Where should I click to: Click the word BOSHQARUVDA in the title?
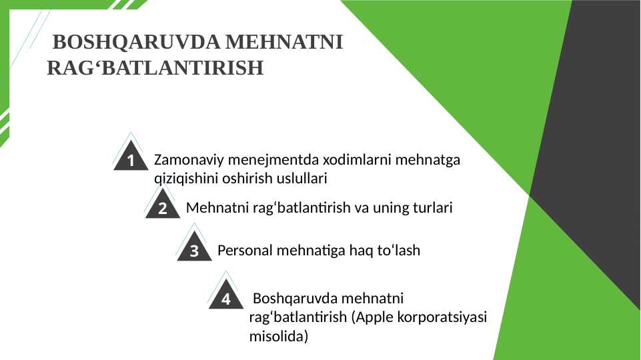point(137,42)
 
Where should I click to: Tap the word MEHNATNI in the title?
point(283,42)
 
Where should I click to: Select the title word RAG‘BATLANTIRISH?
point(155,68)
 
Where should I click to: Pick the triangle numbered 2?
point(162,203)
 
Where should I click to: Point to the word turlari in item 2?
point(432,207)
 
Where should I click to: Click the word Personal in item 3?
point(245,250)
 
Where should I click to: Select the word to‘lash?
point(399,250)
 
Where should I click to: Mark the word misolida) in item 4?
point(279,336)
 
